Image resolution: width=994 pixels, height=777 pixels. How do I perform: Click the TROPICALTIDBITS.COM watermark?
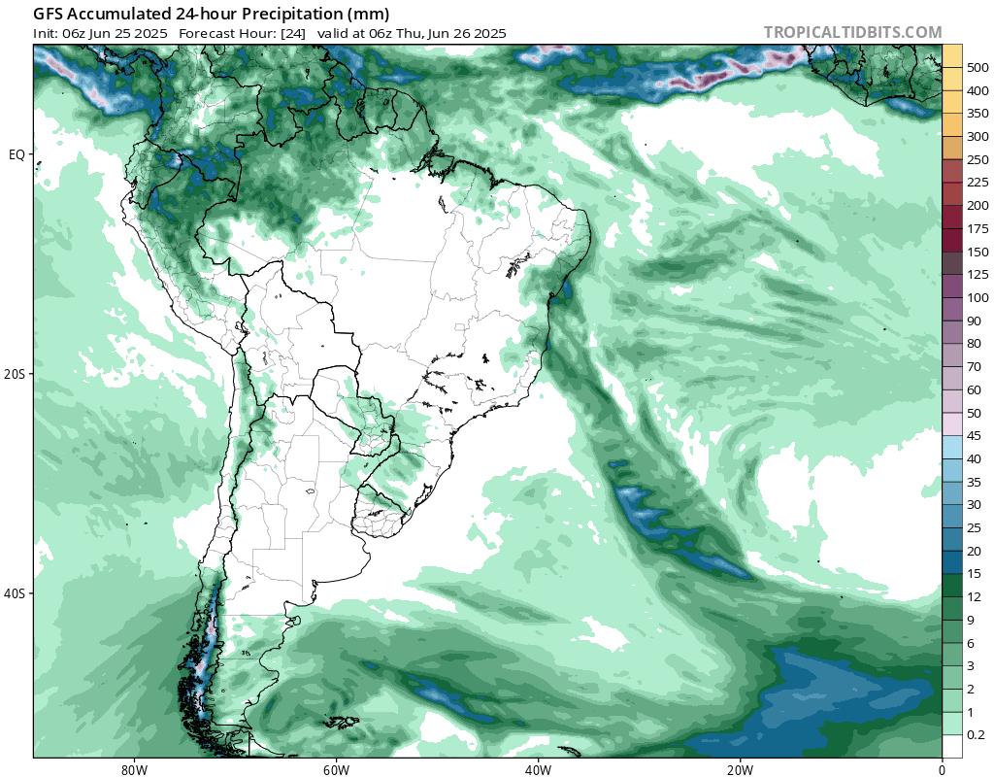click(x=852, y=32)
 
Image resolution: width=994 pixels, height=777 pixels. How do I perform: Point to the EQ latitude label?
click(x=17, y=154)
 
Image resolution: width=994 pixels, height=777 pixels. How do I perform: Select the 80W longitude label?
click(x=134, y=768)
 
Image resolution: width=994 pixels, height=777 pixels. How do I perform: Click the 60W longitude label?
click(x=336, y=768)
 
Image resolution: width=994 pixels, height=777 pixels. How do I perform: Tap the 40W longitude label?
click(x=538, y=768)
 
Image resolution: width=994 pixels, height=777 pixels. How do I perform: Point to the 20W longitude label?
click(x=740, y=768)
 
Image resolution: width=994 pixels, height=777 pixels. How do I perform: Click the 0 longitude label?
click(x=942, y=768)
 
